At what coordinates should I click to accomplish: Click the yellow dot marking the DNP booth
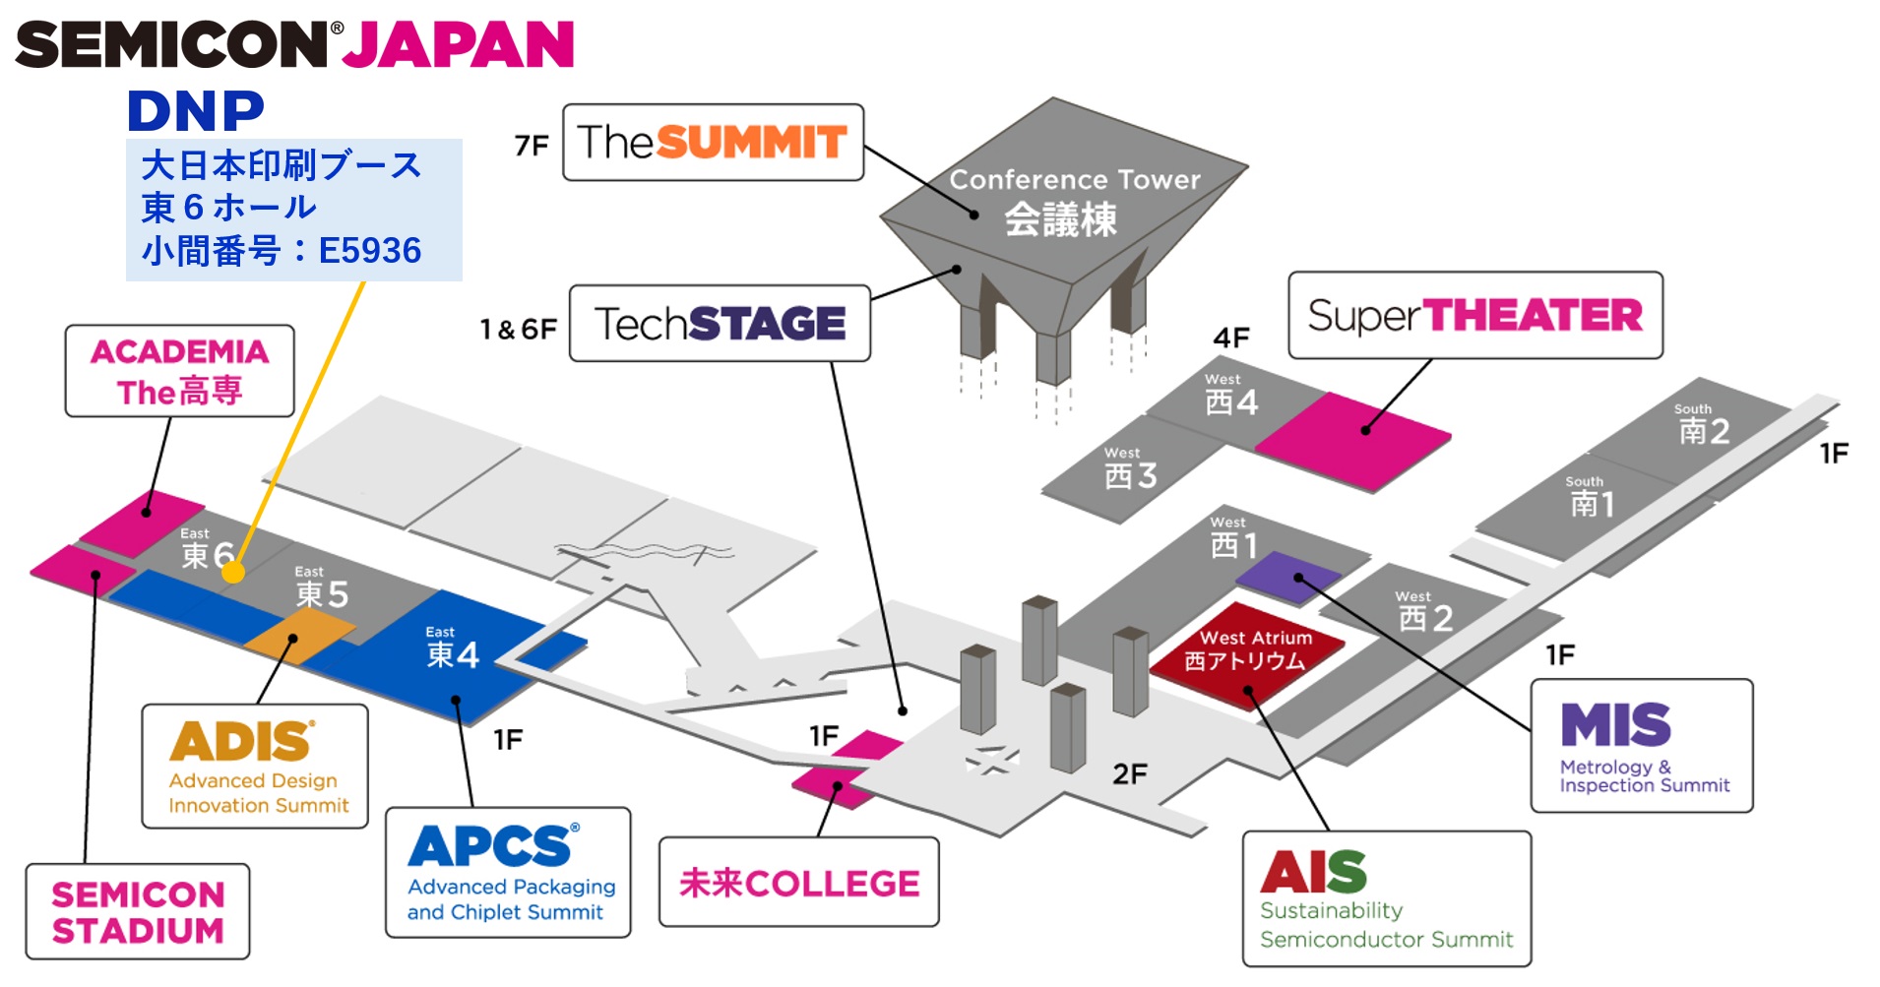coord(233,572)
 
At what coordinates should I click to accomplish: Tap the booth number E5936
coord(370,251)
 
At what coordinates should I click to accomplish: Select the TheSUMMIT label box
coord(713,143)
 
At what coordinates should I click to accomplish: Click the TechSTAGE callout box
coord(720,324)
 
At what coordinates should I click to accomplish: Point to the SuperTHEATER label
coord(1474,316)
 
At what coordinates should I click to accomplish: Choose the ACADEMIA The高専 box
coord(180,372)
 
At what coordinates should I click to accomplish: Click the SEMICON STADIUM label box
coord(138,912)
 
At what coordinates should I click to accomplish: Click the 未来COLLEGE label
coord(798,883)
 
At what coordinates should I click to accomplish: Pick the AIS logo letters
coord(1313,872)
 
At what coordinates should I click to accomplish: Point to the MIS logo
coord(1615,725)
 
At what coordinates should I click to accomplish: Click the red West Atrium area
coord(1247,652)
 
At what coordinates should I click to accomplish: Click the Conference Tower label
coord(1074,181)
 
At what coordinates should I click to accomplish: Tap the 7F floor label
coord(532,146)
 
